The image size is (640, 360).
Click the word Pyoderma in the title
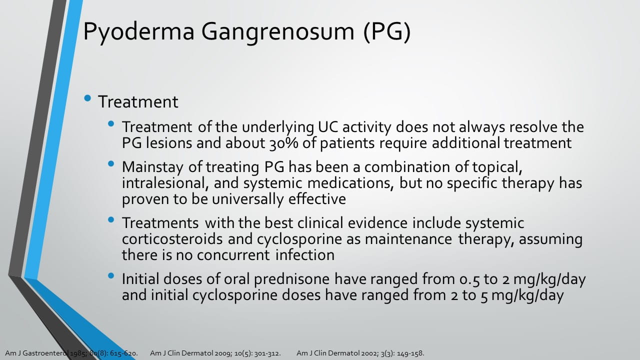(x=139, y=32)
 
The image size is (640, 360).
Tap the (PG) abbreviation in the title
(x=387, y=31)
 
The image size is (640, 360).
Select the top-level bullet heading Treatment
(x=138, y=101)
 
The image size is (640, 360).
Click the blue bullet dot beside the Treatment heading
(x=87, y=98)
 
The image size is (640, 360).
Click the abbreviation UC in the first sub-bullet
(x=328, y=127)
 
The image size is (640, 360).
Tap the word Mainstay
(x=152, y=167)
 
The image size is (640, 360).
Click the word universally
(x=247, y=199)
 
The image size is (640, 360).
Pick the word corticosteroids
(x=172, y=239)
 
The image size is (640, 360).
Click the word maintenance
(x=408, y=239)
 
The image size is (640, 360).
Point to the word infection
(x=305, y=255)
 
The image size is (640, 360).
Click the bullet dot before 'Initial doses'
(x=111, y=275)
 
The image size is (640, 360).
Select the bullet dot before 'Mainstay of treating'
(x=111, y=163)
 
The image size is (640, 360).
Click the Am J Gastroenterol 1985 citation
(x=71, y=353)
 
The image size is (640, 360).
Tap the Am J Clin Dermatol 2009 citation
(x=215, y=353)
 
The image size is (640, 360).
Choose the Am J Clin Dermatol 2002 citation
(x=360, y=353)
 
